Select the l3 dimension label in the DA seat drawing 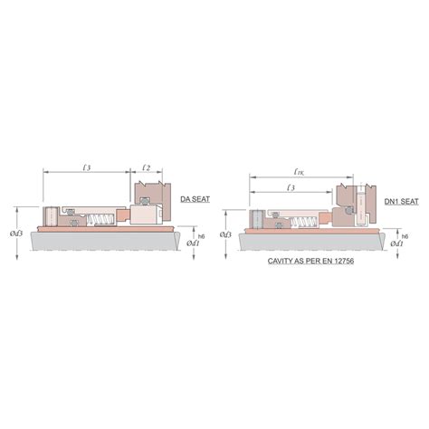pos(86,167)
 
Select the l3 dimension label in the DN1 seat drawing pos(291,187)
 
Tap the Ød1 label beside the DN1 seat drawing pos(399,243)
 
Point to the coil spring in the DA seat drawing pos(99,218)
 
